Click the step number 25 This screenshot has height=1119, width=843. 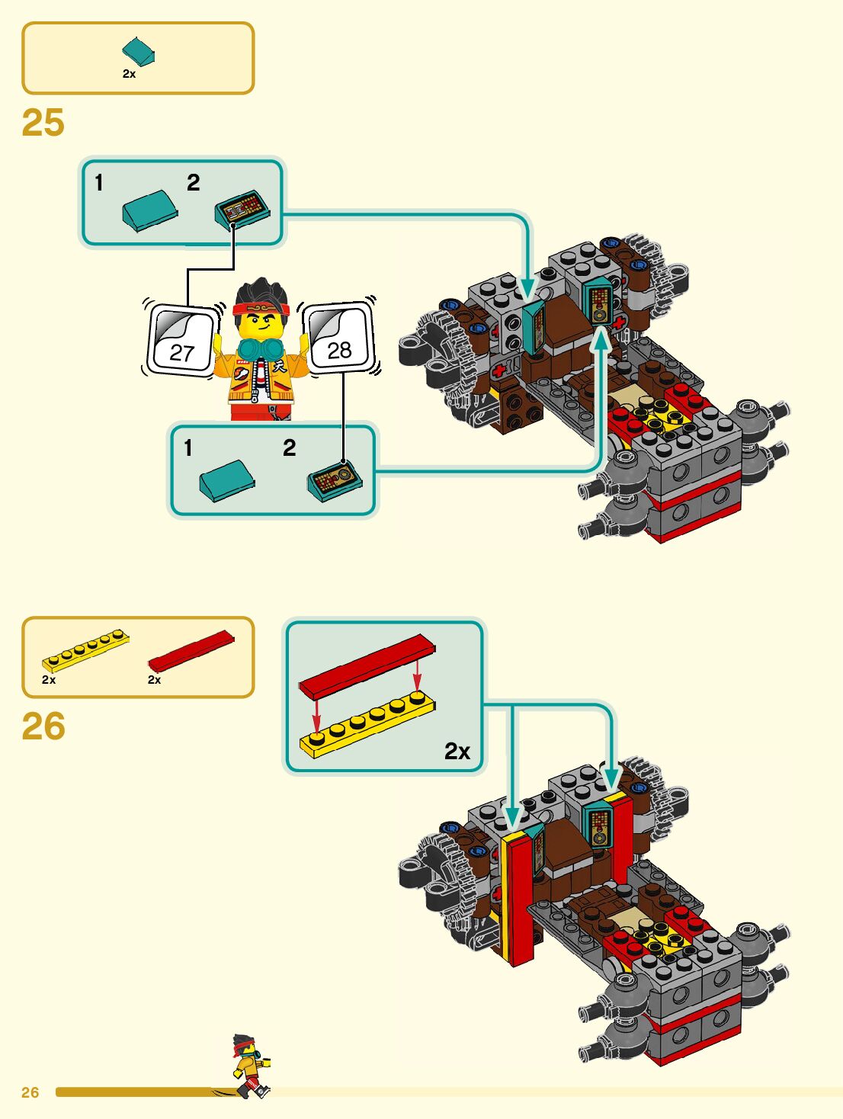43,123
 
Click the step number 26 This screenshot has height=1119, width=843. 43,726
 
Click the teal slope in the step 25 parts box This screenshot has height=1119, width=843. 139,51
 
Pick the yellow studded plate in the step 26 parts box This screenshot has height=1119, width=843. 85,649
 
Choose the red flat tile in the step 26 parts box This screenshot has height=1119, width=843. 191,650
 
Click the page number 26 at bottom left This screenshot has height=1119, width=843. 30,1092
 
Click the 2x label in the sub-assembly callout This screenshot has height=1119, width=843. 457,752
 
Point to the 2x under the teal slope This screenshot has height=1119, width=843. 129,74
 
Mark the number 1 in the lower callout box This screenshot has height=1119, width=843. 188,448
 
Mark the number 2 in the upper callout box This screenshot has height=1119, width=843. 194,183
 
